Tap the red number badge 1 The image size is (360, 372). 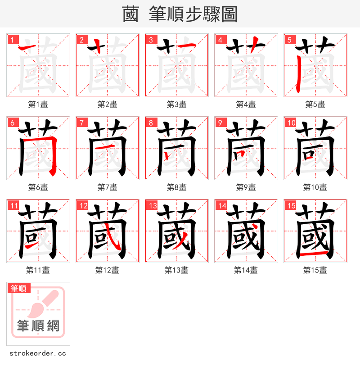(x=12, y=40)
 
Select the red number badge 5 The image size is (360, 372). (x=289, y=40)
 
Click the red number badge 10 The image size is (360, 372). (x=291, y=122)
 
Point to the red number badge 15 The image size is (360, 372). (x=291, y=205)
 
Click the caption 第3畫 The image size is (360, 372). (x=176, y=104)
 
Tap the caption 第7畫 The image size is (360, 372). (x=107, y=187)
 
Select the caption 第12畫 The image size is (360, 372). (x=107, y=270)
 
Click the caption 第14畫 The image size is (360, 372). (x=246, y=270)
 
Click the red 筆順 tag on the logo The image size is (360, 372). (x=18, y=288)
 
